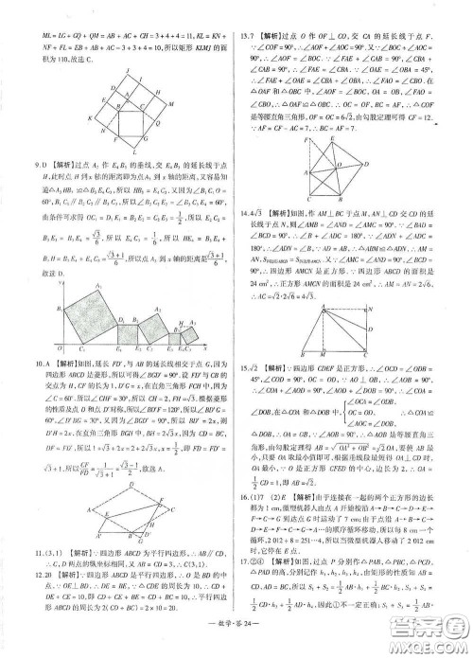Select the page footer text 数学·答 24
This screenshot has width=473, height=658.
(x=236, y=639)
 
